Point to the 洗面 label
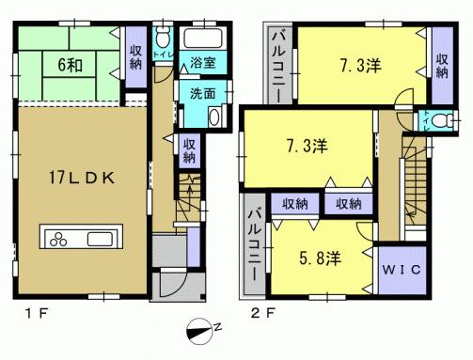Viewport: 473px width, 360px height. coord(199,94)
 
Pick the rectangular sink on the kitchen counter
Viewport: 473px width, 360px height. coord(99,237)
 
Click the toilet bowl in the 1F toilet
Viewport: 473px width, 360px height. coord(163,39)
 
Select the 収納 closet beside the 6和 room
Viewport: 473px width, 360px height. coord(135,57)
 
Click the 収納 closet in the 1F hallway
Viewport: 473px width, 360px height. coord(188,149)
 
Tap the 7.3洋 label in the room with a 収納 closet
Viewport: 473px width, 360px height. coord(360,66)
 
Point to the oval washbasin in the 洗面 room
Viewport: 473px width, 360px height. coord(213,118)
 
